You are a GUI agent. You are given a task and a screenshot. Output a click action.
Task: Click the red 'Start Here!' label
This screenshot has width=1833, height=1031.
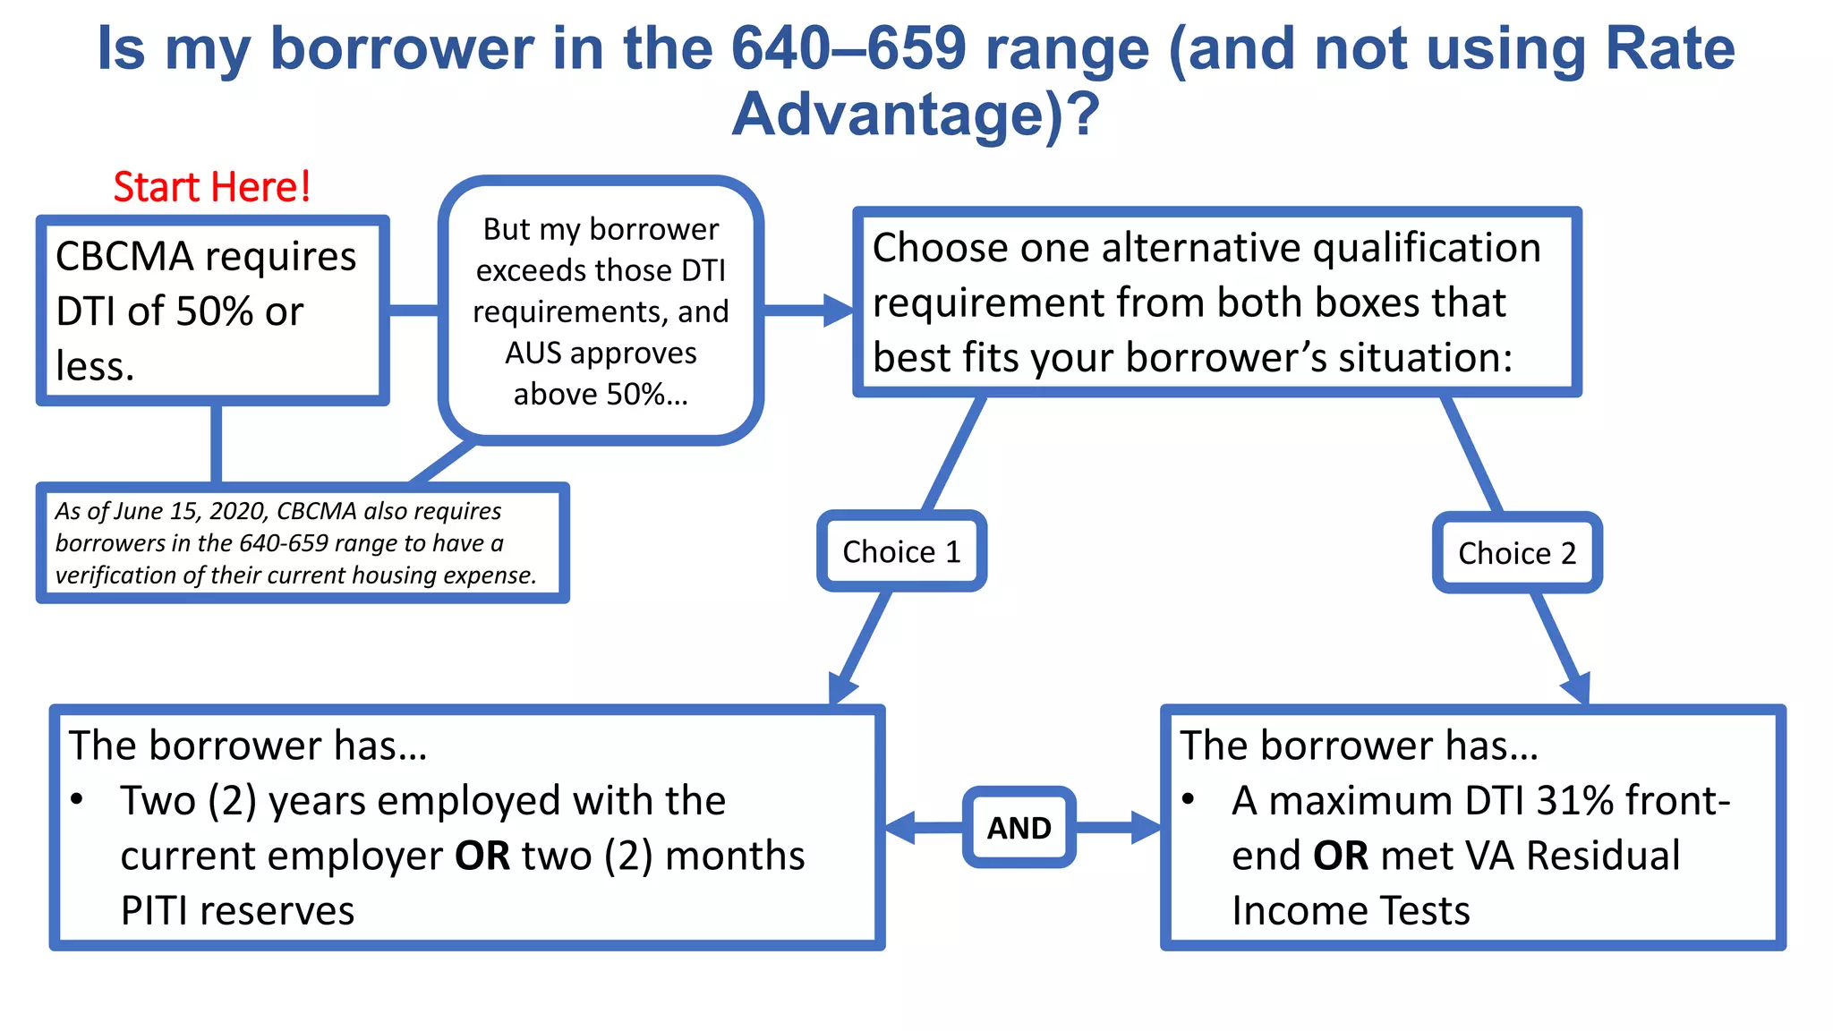(212, 187)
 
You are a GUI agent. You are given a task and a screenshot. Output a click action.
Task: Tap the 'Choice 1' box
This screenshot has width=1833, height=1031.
(901, 551)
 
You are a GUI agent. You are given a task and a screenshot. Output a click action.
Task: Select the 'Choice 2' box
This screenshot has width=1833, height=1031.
(1516, 553)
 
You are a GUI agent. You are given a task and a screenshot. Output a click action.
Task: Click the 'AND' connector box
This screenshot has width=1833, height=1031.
(1019, 828)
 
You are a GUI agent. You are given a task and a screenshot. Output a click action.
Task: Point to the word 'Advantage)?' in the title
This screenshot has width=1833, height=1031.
(916, 115)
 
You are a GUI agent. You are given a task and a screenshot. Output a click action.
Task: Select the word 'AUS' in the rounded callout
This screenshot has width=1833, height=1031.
(533, 354)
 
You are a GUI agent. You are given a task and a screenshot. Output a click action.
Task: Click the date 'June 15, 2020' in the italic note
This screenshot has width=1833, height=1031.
(192, 511)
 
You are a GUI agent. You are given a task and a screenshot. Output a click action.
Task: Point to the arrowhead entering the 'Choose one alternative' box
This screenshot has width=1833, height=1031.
(839, 311)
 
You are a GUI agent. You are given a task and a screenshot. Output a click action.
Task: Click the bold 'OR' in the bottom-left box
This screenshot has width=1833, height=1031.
(482, 856)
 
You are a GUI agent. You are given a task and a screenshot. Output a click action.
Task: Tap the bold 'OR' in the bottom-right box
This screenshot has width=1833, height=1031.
(1340, 856)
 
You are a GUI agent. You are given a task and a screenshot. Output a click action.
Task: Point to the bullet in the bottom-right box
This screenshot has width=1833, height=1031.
(1188, 799)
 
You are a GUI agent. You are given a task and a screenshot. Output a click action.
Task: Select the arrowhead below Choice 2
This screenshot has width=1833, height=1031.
(1577, 689)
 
